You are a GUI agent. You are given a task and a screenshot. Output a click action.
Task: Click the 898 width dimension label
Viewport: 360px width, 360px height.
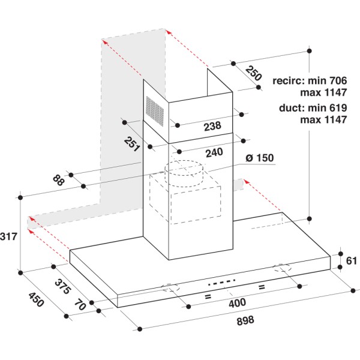[x=245, y=320]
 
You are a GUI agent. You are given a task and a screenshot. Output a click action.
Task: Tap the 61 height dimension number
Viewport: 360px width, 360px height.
[x=351, y=260]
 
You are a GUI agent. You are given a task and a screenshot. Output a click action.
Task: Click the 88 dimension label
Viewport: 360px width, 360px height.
[x=58, y=179]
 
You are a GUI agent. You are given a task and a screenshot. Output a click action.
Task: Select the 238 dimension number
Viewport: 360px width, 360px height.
[x=212, y=126]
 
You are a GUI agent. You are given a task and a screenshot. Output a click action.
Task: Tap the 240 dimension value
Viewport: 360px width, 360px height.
[x=214, y=152]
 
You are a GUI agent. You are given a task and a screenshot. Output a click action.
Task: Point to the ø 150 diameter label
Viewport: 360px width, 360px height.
[x=259, y=158]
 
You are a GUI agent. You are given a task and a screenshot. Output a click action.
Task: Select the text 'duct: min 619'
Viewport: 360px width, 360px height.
[x=313, y=109]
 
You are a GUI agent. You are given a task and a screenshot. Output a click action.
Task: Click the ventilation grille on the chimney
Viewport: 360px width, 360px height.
[x=155, y=111]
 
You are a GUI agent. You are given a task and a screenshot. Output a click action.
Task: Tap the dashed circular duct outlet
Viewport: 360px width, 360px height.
[x=184, y=170]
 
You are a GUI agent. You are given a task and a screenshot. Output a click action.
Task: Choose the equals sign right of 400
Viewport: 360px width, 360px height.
[x=262, y=287]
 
